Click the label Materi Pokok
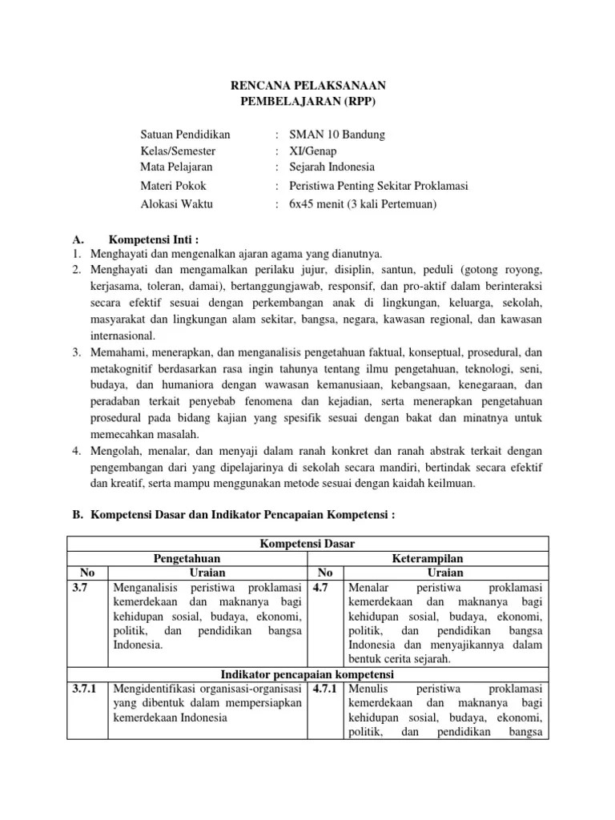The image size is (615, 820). tap(173, 186)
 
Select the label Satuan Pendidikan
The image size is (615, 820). tap(185, 134)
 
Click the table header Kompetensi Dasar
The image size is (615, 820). tap(307, 544)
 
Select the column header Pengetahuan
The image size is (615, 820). tap(187, 558)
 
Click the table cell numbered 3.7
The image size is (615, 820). tap(82, 588)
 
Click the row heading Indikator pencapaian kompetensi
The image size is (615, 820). tap(307, 674)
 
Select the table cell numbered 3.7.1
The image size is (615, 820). tap(82, 689)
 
